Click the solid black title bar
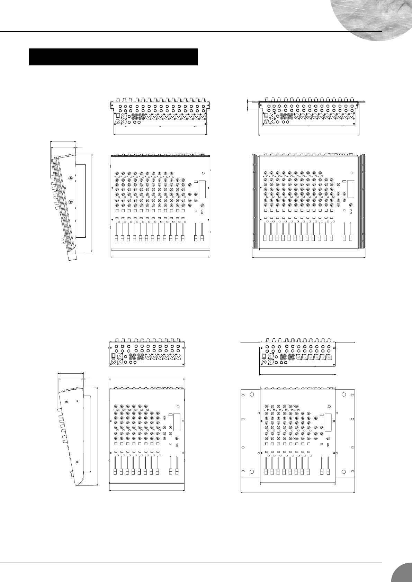[113, 57]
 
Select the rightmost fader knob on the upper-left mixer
[202, 238]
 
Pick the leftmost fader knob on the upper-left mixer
[116, 238]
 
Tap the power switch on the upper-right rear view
[266, 116]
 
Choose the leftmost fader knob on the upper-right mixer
[265, 238]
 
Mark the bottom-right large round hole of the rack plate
[344, 472]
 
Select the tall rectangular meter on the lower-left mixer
[177, 422]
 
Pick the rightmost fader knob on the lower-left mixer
[177, 472]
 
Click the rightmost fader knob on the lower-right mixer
[328, 472]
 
